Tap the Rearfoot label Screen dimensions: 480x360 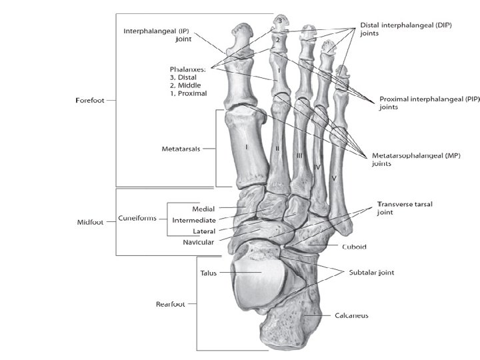[x=170, y=304]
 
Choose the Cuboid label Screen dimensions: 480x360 [x=354, y=247]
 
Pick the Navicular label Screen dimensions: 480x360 [x=198, y=243]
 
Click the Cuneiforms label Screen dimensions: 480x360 [x=137, y=218]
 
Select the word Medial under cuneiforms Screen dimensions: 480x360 [x=203, y=209]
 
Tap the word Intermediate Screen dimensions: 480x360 [x=193, y=220]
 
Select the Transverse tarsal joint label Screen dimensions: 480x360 [x=402, y=209]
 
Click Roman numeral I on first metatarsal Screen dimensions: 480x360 [x=247, y=145]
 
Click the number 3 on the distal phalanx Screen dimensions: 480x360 [x=281, y=22]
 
